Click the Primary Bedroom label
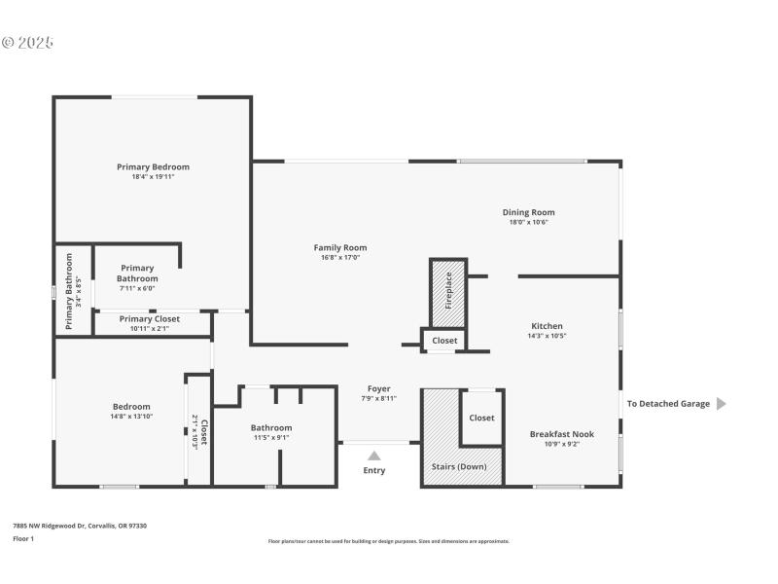coord(153,166)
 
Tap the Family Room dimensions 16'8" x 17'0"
coord(339,258)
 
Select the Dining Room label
coord(528,212)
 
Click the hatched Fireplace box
coord(448,292)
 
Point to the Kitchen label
coord(547,326)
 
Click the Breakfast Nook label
coord(561,434)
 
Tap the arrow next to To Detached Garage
coord(721,404)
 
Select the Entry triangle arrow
coord(373,455)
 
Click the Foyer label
coord(378,388)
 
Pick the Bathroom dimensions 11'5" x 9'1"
coord(270,438)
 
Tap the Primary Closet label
coord(150,319)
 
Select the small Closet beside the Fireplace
coord(444,341)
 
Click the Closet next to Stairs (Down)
coord(481,418)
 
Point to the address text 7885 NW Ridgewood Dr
coord(79,526)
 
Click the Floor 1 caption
coord(22,538)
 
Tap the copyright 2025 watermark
coord(27,43)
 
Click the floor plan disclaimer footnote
coord(388,541)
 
